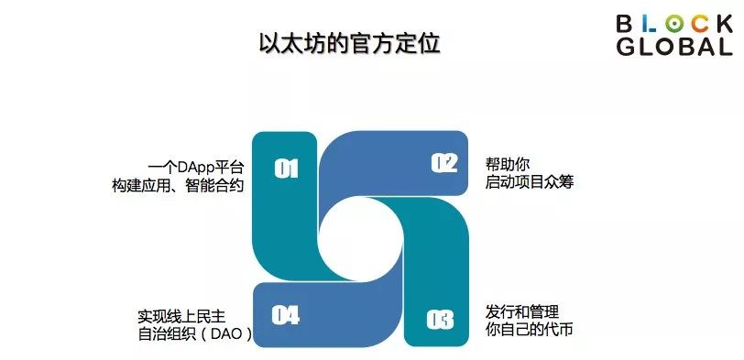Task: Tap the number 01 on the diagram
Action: (x=287, y=169)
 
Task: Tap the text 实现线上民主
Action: (x=182, y=316)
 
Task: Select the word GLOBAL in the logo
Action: (x=674, y=48)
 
